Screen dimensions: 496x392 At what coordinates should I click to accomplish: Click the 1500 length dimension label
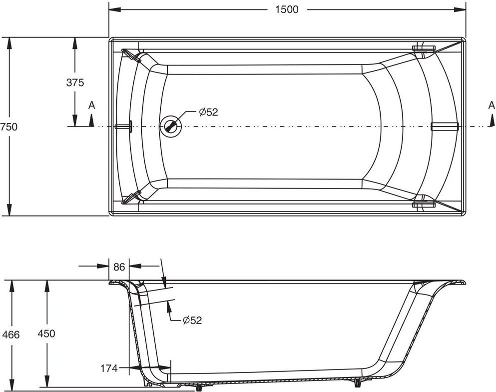[x=287, y=9]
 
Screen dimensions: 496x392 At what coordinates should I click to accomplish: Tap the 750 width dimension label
[x=8, y=127]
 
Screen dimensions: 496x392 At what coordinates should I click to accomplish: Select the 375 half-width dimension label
[x=75, y=82]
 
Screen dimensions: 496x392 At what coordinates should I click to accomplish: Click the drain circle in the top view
[x=170, y=126]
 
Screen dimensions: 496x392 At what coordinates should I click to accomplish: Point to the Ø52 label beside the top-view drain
[x=208, y=112]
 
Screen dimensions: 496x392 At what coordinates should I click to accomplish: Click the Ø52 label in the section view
[x=192, y=320]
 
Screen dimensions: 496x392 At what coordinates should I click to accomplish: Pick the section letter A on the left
[x=91, y=105]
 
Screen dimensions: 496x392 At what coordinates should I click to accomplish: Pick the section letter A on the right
[x=492, y=105]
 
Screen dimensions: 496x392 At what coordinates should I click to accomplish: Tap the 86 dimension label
[x=119, y=267]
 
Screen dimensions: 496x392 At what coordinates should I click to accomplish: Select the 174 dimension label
[x=109, y=368]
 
